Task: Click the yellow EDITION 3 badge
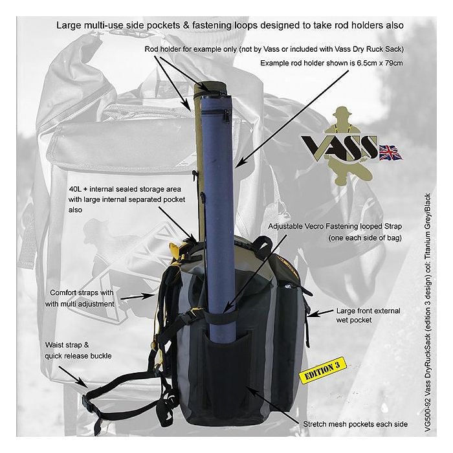[322, 370]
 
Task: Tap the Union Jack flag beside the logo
[390, 152]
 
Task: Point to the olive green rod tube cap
[210, 87]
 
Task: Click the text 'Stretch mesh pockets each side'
[355, 424]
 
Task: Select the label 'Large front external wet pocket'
[368, 316]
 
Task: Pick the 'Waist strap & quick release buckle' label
[78, 351]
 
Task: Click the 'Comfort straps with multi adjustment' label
[80, 298]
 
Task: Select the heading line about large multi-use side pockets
[230, 25]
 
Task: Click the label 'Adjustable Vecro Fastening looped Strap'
[335, 226]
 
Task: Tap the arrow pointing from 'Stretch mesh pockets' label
[272, 405]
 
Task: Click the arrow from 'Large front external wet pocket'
[320, 313]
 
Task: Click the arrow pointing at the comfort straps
[138, 296]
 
